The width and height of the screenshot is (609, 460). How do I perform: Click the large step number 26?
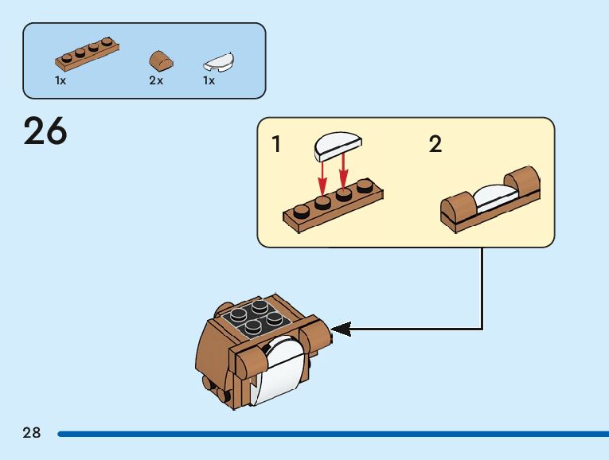pyautogui.click(x=45, y=132)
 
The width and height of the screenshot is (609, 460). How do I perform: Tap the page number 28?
pyautogui.click(x=32, y=433)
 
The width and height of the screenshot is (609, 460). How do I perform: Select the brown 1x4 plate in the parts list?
pyautogui.click(x=88, y=53)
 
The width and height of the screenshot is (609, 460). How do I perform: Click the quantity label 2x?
pyautogui.click(x=155, y=81)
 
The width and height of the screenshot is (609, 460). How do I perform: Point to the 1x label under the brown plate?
pyautogui.click(x=61, y=81)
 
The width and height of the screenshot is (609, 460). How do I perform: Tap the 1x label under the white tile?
pyautogui.click(x=209, y=81)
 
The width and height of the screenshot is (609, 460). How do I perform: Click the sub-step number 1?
pyautogui.click(x=276, y=145)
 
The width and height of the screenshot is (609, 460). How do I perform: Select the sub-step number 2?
pyautogui.click(x=435, y=145)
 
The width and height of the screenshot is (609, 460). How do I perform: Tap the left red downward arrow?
pyautogui.click(x=322, y=176)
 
